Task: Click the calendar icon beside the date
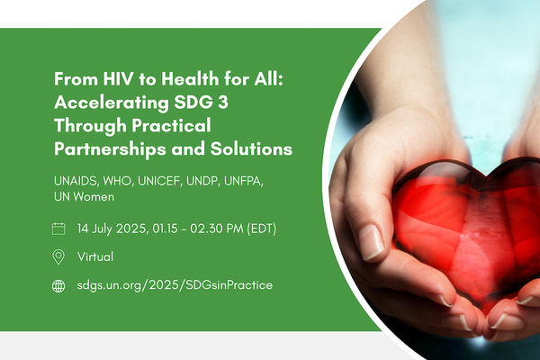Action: pyautogui.click(x=59, y=229)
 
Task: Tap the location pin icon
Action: pyautogui.click(x=59, y=256)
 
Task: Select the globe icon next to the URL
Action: pyautogui.click(x=59, y=285)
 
